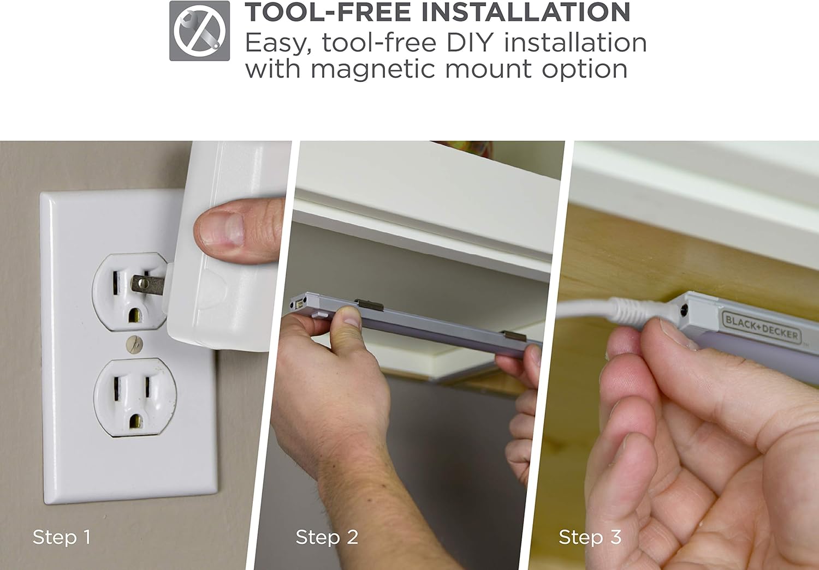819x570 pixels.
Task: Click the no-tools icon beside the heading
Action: pos(199,31)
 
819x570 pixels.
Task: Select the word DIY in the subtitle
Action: pos(471,43)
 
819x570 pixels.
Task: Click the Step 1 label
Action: pos(61,537)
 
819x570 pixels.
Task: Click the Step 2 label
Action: pos(327,537)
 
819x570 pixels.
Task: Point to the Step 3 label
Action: pos(590,537)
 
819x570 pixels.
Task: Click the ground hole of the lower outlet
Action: pos(135,421)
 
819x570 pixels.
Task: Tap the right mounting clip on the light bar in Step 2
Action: pos(513,337)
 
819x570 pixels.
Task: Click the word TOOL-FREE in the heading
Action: pos(328,12)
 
